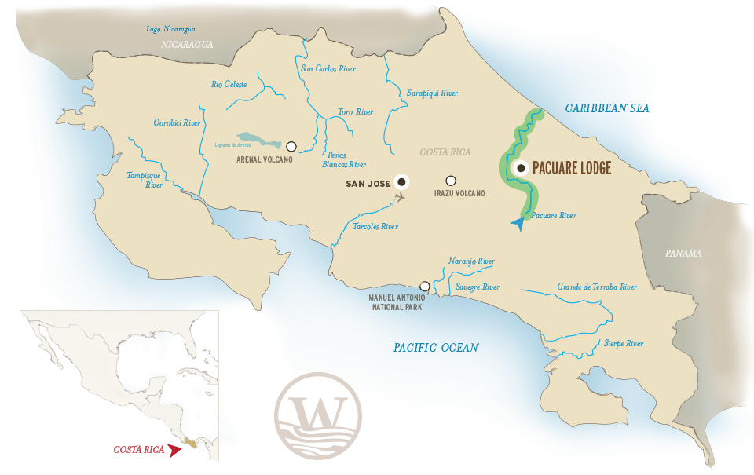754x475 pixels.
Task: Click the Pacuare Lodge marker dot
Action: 520,168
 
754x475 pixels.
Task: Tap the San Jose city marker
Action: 402,182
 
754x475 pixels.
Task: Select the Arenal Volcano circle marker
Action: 291,146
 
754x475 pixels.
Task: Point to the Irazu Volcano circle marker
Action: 451,181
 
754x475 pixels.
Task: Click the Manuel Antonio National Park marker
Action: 425,287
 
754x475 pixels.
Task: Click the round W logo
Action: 318,416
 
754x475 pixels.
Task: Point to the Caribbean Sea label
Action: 608,108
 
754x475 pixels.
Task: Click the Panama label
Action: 683,254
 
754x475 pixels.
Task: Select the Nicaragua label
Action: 187,45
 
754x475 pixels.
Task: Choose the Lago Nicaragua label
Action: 171,30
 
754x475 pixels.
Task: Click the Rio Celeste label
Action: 229,84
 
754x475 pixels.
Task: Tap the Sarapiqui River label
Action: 432,93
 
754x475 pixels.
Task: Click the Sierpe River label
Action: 624,344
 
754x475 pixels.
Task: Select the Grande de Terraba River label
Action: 597,287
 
